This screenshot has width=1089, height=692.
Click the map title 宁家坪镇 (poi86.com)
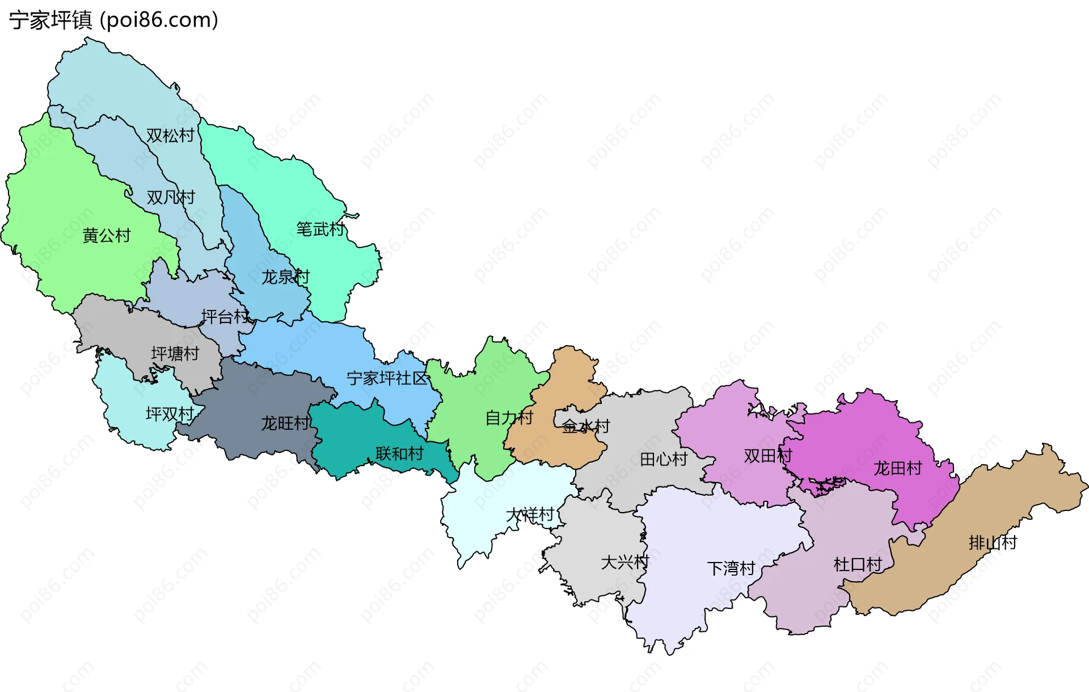click(113, 20)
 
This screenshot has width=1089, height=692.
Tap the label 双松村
click(170, 136)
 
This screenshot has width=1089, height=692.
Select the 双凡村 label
click(171, 198)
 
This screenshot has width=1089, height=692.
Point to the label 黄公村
click(107, 236)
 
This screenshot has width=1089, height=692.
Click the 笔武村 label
click(320, 229)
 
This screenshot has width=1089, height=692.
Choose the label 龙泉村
click(285, 277)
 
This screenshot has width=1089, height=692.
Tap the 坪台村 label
click(225, 317)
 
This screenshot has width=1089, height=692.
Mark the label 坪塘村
click(175, 354)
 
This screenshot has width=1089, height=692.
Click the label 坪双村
click(170, 414)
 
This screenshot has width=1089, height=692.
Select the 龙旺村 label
click(285, 423)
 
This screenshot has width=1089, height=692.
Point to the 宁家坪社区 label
click(387, 378)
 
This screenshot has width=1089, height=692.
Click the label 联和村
click(399, 454)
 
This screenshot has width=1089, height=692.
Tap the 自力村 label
click(509, 418)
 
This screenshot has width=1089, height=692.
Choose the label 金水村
click(586, 426)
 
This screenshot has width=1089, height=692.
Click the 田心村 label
click(664, 459)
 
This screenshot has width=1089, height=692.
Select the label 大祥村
click(530, 515)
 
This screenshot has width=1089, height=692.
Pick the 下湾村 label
click(731, 568)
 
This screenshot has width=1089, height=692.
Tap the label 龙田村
click(898, 468)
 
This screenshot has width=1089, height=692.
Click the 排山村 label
click(993, 543)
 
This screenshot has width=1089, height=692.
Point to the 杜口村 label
click(858, 564)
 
